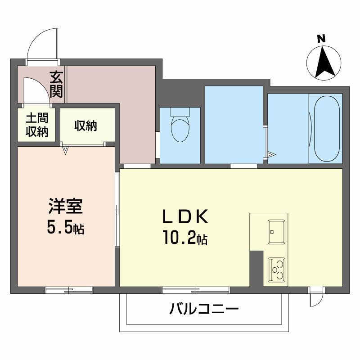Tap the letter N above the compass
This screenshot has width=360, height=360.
321,39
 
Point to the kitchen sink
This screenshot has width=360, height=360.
276,231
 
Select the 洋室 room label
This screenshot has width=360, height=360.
66,207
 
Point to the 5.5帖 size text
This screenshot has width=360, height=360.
66,229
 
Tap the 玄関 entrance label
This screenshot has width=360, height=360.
56,84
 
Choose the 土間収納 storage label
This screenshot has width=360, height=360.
36,126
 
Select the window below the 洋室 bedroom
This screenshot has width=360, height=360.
69,290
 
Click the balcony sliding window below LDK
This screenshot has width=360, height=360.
195,290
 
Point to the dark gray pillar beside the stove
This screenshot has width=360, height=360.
256,268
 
